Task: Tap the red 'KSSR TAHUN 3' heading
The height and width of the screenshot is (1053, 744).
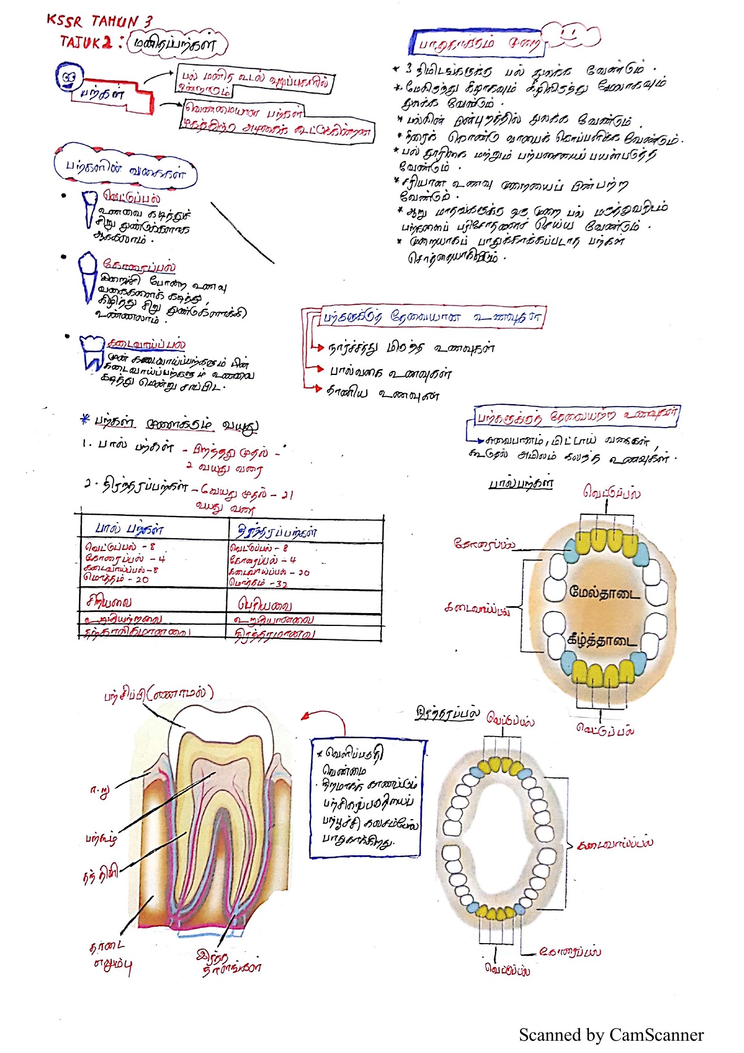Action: pos(99,22)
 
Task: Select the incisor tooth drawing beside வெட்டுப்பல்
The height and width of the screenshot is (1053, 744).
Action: pos(89,208)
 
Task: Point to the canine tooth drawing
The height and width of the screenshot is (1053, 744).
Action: pos(87,276)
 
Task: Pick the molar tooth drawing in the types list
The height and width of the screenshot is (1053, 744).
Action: pos(92,352)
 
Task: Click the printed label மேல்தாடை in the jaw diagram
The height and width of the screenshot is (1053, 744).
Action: pos(604,592)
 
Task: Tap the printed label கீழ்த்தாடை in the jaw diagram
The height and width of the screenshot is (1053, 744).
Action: pos(602,640)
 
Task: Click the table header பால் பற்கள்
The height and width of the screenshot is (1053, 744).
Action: pos(129,529)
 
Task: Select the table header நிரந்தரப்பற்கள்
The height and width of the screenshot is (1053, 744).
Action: pos(277,532)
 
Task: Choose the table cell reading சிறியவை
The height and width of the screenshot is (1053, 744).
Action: pos(109,601)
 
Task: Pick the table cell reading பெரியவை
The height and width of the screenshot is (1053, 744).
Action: pos(264,604)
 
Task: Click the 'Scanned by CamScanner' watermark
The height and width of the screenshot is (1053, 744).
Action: pos(611,1035)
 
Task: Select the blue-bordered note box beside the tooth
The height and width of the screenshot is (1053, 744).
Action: pos(368,799)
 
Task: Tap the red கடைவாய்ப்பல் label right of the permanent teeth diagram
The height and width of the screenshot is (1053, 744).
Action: pos(615,844)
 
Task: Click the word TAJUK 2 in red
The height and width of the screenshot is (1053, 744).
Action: pos(85,42)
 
